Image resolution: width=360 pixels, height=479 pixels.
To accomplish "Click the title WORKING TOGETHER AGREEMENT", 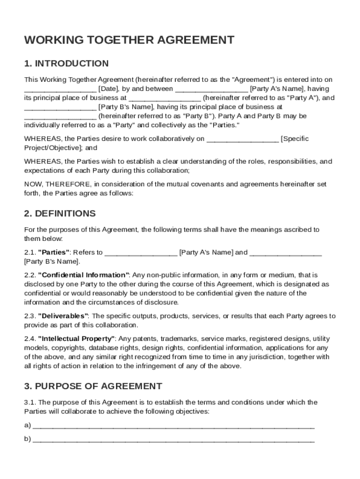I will click(129, 40).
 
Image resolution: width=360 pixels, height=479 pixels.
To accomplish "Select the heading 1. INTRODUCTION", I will click(66, 64).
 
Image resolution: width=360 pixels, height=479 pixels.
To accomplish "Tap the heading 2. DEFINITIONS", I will click(60, 214).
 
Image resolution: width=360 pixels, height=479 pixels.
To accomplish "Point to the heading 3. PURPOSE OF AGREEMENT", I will click(93, 386).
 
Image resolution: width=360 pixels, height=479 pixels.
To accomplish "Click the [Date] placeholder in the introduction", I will click(108, 89).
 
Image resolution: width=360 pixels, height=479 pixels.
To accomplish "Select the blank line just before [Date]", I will click(60, 89).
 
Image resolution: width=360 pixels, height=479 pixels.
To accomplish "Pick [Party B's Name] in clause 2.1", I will click(52, 261).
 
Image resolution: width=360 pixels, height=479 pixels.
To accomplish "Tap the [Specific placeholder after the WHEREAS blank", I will click(295, 139).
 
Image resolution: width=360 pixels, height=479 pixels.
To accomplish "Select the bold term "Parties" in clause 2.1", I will click(54, 253).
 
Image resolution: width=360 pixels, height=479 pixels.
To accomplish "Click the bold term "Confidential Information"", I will click(83, 275).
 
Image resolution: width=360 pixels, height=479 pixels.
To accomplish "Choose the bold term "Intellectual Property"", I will click(76, 339).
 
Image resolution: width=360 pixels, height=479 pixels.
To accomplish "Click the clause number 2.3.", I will click(30, 316).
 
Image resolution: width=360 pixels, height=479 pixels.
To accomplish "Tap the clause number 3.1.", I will click(30, 403).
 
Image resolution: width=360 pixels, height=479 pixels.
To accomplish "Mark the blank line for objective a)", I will click(173, 426).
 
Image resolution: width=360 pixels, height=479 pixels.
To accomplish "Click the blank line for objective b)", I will click(173, 440).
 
